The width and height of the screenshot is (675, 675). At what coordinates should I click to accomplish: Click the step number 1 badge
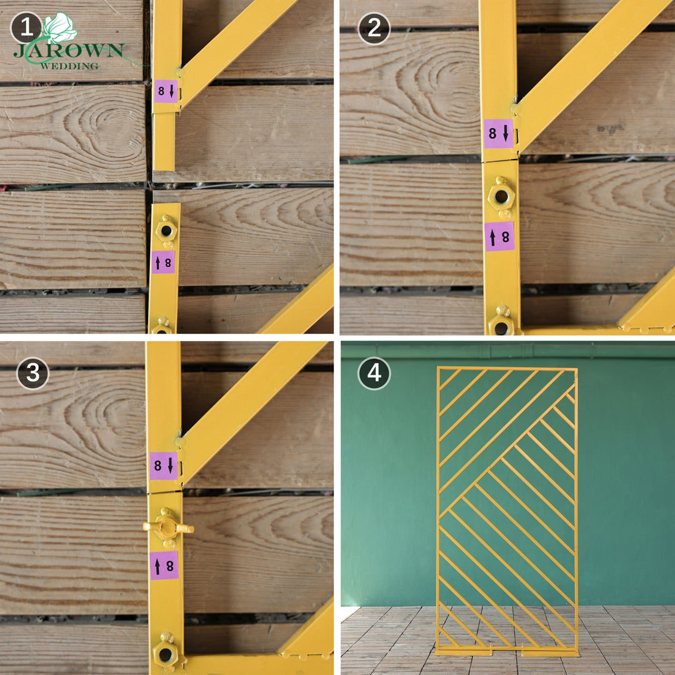tap(26, 28)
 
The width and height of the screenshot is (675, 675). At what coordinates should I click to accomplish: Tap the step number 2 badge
tap(374, 28)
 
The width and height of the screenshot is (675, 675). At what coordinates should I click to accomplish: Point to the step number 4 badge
tap(374, 373)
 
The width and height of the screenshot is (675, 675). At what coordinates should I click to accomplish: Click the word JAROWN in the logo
tap(69, 51)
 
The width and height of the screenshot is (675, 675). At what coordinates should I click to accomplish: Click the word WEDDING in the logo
tap(69, 65)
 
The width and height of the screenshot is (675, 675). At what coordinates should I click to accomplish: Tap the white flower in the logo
tap(59, 27)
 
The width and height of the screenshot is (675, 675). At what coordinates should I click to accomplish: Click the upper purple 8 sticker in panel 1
tap(166, 91)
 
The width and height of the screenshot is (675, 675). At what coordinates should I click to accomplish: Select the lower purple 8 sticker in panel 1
tap(163, 262)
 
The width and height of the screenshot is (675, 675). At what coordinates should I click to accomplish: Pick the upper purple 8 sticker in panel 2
tap(499, 133)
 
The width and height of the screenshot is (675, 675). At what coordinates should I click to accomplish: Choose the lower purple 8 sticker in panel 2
tap(499, 236)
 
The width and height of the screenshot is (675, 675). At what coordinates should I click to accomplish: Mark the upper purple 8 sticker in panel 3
tap(164, 466)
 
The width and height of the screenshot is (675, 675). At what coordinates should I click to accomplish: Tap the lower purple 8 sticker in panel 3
tap(164, 566)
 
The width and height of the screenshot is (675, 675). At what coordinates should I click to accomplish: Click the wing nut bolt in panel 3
tap(167, 527)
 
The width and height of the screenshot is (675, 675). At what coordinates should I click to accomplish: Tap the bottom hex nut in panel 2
tap(501, 325)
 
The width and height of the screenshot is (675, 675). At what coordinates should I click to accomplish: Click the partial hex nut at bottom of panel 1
tap(162, 326)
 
